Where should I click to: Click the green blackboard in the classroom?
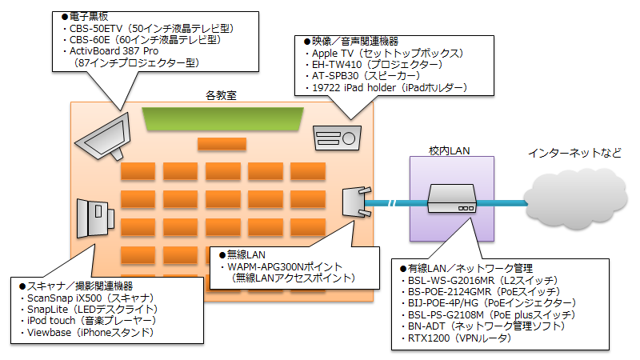pos(222,118)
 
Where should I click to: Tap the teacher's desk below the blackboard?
pos(222,144)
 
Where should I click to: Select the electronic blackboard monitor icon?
pos(104,137)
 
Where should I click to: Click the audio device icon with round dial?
pos(337,138)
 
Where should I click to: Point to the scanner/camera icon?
pos(95,218)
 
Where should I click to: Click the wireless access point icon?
pos(357,202)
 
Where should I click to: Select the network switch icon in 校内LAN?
pos(452,198)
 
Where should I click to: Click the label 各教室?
pos(221,95)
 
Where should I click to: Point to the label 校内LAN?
pos(449,151)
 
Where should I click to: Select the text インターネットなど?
pos(574,153)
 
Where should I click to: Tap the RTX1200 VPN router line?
pos(456,338)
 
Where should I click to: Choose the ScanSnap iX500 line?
pos(87,298)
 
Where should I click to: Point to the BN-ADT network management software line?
pos(483,326)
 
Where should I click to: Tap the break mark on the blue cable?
pos(392,203)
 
